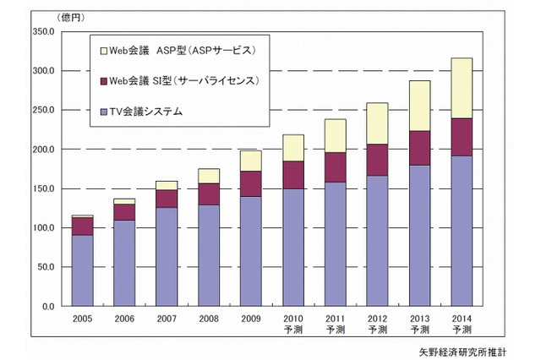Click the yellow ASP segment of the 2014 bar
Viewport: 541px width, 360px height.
(462, 88)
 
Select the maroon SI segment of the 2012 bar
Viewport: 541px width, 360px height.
(377, 160)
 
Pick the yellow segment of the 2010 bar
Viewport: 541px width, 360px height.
(294, 147)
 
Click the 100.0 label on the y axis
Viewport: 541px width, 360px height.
(41, 228)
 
